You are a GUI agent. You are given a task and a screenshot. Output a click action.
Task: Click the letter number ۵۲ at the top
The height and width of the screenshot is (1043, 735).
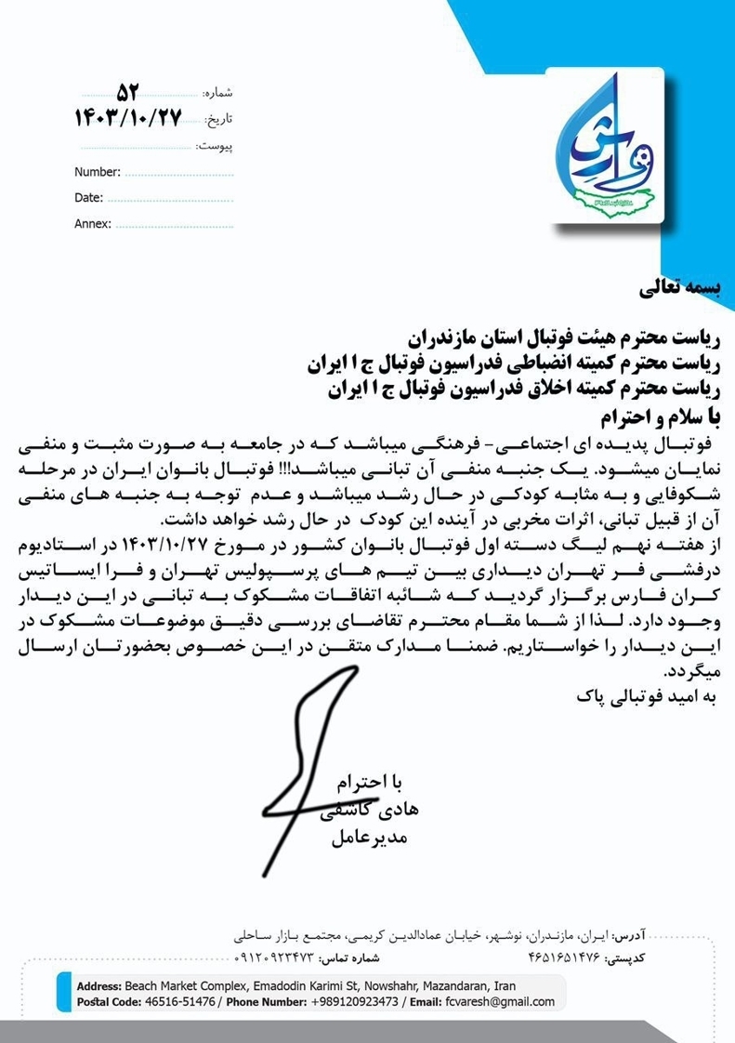pyautogui.click(x=127, y=92)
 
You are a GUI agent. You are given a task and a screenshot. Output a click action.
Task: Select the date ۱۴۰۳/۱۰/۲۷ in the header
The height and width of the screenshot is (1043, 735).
pyautogui.click(x=127, y=118)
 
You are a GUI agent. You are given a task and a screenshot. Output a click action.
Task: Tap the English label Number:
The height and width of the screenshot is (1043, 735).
pyautogui.click(x=98, y=172)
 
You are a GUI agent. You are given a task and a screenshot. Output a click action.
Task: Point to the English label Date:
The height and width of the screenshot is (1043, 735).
pyautogui.click(x=88, y=198)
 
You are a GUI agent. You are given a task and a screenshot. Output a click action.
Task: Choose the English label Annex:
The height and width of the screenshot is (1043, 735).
pyautogui.click(x=93, y=224)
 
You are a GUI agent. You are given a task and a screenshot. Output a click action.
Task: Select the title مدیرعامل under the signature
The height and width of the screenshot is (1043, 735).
pyautogui.click(x=369, y=838)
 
